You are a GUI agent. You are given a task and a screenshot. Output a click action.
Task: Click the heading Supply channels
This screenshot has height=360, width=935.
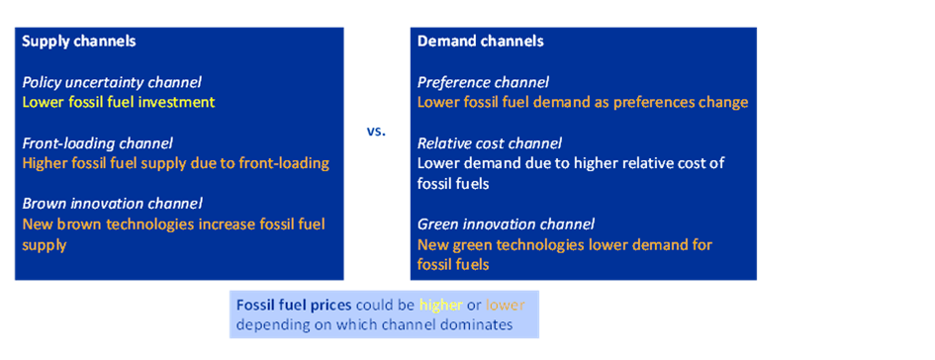79,42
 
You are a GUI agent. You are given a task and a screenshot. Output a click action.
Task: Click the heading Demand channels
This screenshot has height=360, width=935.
480,42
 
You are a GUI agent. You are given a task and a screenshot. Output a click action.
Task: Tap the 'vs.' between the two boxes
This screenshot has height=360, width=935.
376,132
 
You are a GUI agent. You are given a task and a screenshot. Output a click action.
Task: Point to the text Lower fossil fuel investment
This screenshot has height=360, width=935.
119,102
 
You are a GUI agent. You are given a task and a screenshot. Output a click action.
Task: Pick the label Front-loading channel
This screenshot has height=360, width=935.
98,143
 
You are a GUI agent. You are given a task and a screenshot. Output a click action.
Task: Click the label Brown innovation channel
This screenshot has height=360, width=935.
113,204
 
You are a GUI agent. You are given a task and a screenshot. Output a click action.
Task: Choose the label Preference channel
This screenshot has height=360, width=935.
483,83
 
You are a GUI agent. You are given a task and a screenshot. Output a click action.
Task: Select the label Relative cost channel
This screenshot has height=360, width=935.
490,143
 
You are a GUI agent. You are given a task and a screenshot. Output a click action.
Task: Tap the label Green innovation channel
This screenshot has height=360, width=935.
507,225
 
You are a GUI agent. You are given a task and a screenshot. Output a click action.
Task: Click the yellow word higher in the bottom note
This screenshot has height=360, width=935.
441,306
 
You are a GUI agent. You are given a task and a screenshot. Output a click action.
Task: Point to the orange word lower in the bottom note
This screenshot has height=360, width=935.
505,306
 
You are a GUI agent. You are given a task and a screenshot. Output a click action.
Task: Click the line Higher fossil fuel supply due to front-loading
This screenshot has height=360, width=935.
176,163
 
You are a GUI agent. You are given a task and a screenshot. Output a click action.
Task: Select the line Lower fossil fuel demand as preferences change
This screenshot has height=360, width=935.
583,103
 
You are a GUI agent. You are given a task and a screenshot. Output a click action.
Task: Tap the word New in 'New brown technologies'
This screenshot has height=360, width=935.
35,225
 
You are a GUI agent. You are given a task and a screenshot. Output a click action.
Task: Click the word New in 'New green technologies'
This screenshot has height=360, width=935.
430,245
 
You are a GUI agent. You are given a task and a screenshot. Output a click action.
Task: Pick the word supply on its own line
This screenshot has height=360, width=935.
45,245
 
